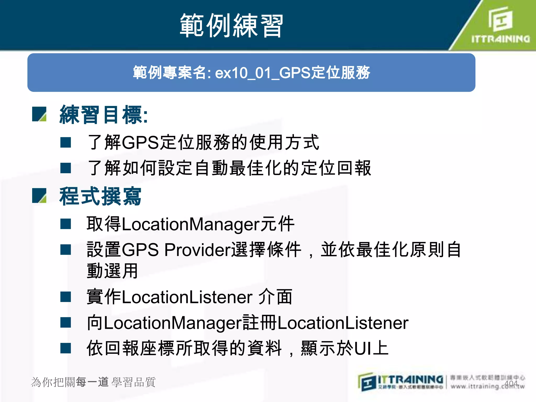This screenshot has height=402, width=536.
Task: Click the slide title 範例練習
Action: point(231,26)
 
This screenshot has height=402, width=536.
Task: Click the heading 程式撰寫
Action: point(100,196)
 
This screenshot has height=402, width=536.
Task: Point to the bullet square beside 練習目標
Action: point(39,114)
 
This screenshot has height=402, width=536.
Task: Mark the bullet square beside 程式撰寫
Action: point(39,196)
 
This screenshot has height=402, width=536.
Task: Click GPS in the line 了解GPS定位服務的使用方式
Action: point(141,143)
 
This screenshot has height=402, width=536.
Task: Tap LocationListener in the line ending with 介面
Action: point(187,297)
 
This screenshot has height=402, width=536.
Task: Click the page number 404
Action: point(511,384)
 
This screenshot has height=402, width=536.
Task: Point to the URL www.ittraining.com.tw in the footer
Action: point(487,386)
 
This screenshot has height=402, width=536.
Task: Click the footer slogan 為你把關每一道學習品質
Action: point(93,382)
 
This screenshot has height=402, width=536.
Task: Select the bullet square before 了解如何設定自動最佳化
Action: point(65,168)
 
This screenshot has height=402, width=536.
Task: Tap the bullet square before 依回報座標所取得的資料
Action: point(65,348)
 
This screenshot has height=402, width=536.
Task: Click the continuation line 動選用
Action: point(112,271)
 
